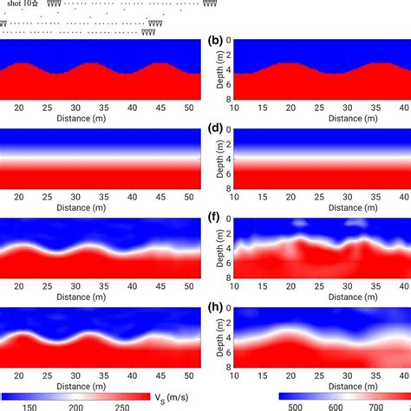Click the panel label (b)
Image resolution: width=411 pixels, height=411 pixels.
(x=212, y=40)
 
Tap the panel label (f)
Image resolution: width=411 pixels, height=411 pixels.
(x=212, y=219)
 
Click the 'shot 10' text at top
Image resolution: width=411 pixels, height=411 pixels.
(x=19, y=4)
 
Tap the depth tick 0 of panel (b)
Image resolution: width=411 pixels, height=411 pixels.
(x=228, y=40)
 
